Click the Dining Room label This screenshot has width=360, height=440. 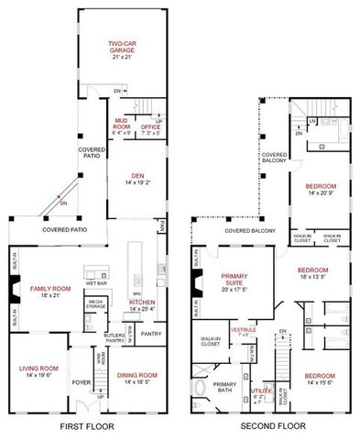[136, 374]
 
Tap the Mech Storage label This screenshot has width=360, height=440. [95, 303]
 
